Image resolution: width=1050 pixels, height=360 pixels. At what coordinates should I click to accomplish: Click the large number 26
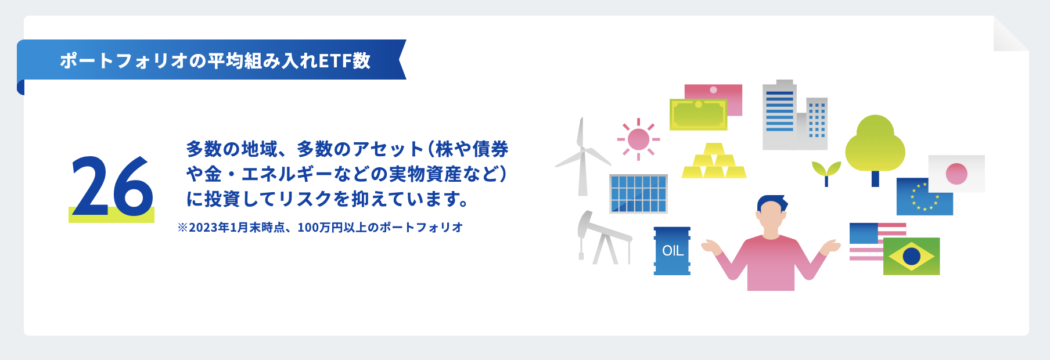coord(112,186)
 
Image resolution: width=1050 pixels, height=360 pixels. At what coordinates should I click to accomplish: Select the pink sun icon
coord(638,139)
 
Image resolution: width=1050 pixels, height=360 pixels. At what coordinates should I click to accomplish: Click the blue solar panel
coord(638,194)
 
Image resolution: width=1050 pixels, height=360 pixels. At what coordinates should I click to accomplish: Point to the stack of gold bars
coord(713,163)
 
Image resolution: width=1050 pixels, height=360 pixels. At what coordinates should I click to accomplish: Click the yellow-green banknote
coord(698,114)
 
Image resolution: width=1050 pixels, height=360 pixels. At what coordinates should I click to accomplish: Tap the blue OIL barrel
coord(672,251)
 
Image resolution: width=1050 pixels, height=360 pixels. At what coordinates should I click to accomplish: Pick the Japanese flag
coord(956,174)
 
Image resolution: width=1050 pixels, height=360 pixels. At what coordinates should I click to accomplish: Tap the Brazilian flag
coord(911,256)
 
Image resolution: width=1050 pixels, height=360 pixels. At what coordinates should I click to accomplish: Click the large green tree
coord(875,145)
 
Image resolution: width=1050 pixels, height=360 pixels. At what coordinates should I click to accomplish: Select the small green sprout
coord(826,172)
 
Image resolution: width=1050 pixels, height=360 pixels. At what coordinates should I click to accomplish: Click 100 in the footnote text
coord(307,228)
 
